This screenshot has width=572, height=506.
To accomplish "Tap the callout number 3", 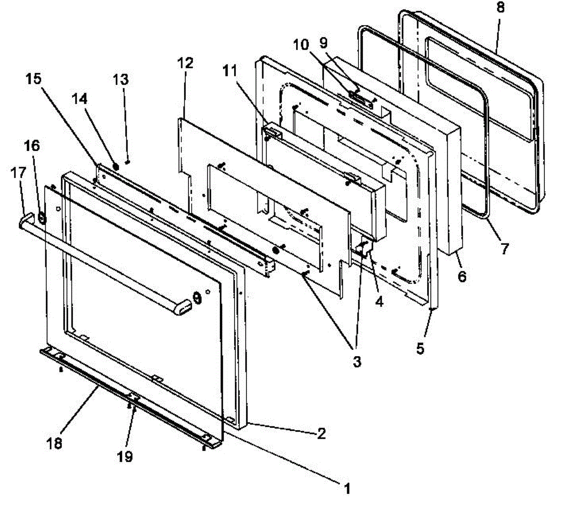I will [x=357, y=361].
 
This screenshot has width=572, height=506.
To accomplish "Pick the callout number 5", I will [x=420, y=348].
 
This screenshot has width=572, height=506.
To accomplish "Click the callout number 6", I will [x=462, y=276].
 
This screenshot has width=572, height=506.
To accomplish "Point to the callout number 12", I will [x=186, y=62].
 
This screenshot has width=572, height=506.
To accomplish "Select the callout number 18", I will [x=55, y=443].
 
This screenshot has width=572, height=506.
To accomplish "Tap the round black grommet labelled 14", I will [x=115, y=167].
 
